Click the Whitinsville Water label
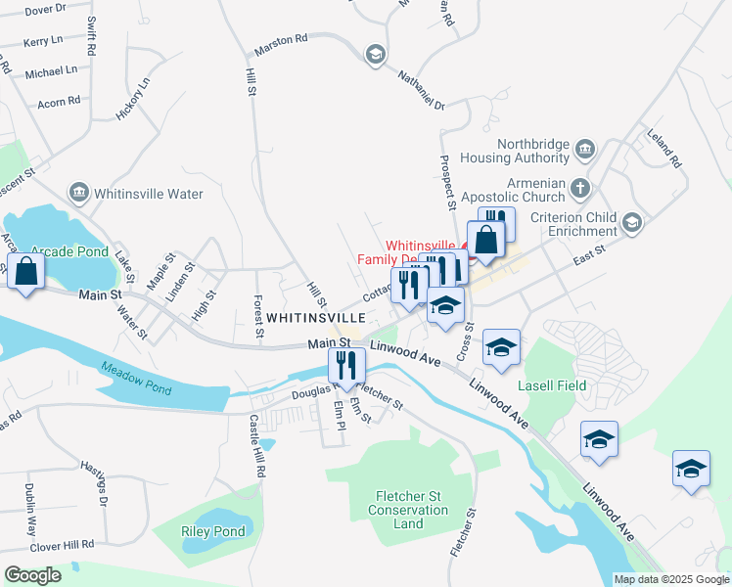pyautogui.click(x=150, y=194)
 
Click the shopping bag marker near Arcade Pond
pyautogui.click(x=25, y=273)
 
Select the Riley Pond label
pyautogui.click(x=212, y=532)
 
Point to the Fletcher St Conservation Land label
pyautogui.click(x=408, y=510)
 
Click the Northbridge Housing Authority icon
pyautogui.click(x=585, y=150)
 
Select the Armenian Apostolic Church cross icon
pyautogui.click(x=579, y=186)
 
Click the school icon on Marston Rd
pyautogui.click(x=374, y=55)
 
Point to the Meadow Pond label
pyautogui.click(x=134, y=378)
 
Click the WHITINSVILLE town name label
pyautogui.click(x=316, y=318)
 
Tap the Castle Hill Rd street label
pyautogui.click(x=257, y=445)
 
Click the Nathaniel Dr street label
pyautogui.click(x=421, y=88)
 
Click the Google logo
pyautogui.click(x=32, y=575)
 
